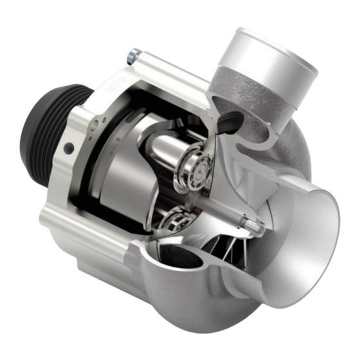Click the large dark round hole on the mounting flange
(x=68, y=149)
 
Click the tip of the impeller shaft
(x=259, y=224)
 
